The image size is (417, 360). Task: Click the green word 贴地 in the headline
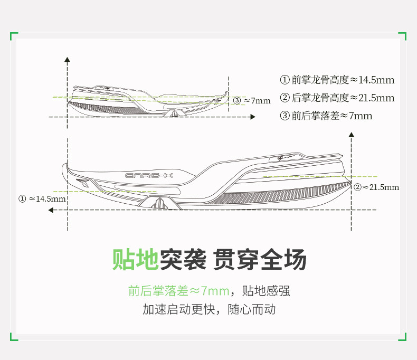pos(135,260)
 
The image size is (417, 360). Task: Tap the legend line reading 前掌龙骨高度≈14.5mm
pos(337,80)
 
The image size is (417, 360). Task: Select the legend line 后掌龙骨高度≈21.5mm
pos(337,98)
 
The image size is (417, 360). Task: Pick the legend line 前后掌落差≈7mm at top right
pos(326,116)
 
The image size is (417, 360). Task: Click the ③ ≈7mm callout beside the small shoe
pos(251,100)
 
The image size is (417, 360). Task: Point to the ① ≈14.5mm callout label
pos(42,199)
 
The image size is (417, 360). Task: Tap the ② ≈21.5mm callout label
pos(376,187)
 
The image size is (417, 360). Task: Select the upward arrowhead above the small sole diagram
pos(67,59)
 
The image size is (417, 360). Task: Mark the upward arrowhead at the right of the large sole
pos(352,135)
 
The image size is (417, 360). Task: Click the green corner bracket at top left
pos(14,36)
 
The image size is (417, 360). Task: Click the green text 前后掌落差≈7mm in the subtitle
pos(179,291)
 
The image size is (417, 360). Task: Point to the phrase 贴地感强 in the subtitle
pos(266,291)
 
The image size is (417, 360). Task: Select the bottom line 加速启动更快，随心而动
pos(209,309)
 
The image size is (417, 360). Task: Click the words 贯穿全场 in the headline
pos(260,260)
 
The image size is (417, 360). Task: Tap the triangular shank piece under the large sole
pos(160,203)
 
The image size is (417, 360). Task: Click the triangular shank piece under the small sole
pos(173,113)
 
